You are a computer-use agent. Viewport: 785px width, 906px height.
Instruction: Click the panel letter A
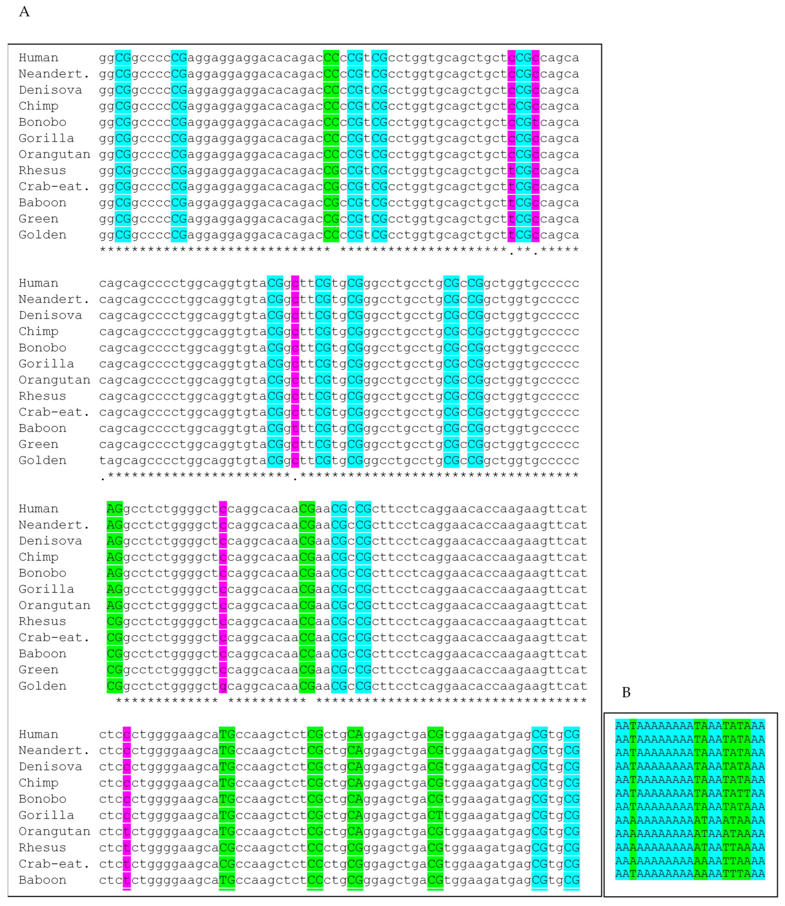click(24, 12)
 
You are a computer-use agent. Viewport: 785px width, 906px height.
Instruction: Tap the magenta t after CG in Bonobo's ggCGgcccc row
click(535, 122)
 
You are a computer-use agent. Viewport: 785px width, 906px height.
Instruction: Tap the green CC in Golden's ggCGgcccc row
click(331, 235)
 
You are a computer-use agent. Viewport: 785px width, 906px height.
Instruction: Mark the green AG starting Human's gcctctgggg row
click(115, 509)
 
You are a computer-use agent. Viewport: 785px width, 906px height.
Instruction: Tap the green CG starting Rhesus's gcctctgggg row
click(115, 621)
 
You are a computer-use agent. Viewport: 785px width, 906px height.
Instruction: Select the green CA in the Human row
click(355, 734)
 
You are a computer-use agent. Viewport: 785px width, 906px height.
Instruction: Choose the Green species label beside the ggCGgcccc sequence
click(39, 219)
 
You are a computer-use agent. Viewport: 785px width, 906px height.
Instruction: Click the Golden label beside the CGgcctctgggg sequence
click(42, 686)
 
